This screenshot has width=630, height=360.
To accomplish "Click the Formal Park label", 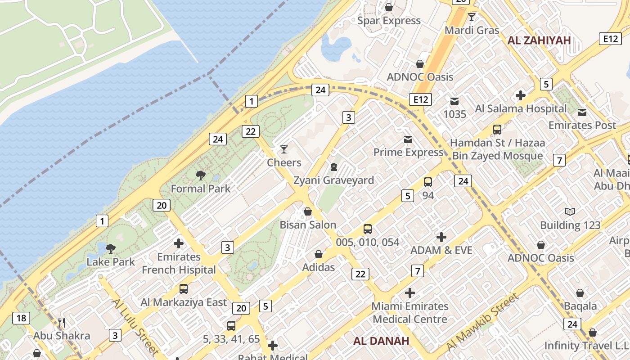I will click(200, 189).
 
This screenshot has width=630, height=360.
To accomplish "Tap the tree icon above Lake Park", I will click(110, 248).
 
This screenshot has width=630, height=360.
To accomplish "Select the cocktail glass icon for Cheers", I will click(284, 149).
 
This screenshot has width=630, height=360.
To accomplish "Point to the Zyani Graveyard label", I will click(333, 180).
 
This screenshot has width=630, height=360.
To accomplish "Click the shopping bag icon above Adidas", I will click(319, 255).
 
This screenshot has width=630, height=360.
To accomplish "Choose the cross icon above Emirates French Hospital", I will click(179, 243).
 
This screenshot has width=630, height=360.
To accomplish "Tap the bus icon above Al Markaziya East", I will click(184, 289).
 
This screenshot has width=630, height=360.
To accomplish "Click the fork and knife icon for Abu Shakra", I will click(62, 323).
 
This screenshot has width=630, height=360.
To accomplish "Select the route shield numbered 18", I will click(21, 319).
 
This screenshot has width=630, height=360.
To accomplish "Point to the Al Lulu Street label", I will click(135, 326).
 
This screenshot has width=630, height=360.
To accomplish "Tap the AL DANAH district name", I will click(381, 341).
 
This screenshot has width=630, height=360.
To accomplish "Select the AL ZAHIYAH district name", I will click(539, 40).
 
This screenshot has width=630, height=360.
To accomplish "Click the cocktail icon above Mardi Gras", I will click(472, 17).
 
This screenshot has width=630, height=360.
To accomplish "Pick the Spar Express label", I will click(389, 21).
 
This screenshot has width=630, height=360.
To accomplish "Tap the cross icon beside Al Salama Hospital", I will click(521, 95).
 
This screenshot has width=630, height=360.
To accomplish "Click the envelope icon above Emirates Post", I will click(582, 112).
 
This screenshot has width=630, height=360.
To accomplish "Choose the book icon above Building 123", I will click(570, 211).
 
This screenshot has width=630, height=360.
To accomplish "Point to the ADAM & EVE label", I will click(441, 250).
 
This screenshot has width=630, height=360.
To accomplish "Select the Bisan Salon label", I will click(308, 225).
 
